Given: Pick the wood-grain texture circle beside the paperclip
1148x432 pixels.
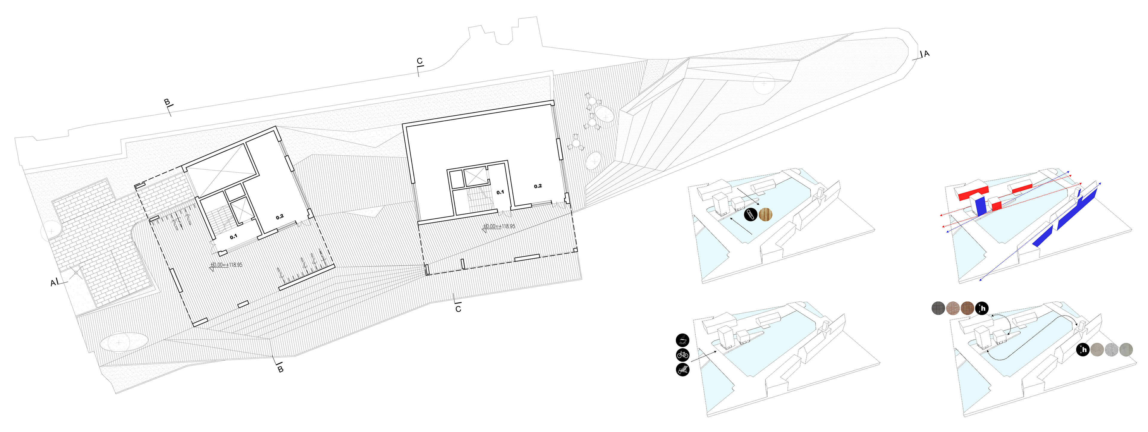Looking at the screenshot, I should tap(765, 215).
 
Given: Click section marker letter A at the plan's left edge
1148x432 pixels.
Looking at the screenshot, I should tap(53, 283).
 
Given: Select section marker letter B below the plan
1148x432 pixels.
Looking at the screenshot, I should tap(280, 369).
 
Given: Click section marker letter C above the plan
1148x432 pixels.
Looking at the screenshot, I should tap(419, 61).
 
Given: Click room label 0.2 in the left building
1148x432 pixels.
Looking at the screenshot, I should tap(280, 217).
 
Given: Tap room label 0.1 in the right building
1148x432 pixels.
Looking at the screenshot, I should tap(500, 192).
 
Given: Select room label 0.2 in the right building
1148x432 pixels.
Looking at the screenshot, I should tap(538, 186).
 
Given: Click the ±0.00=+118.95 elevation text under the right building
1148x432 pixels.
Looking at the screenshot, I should tap(499, 226).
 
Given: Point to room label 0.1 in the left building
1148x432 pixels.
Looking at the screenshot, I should tap(233, 237).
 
